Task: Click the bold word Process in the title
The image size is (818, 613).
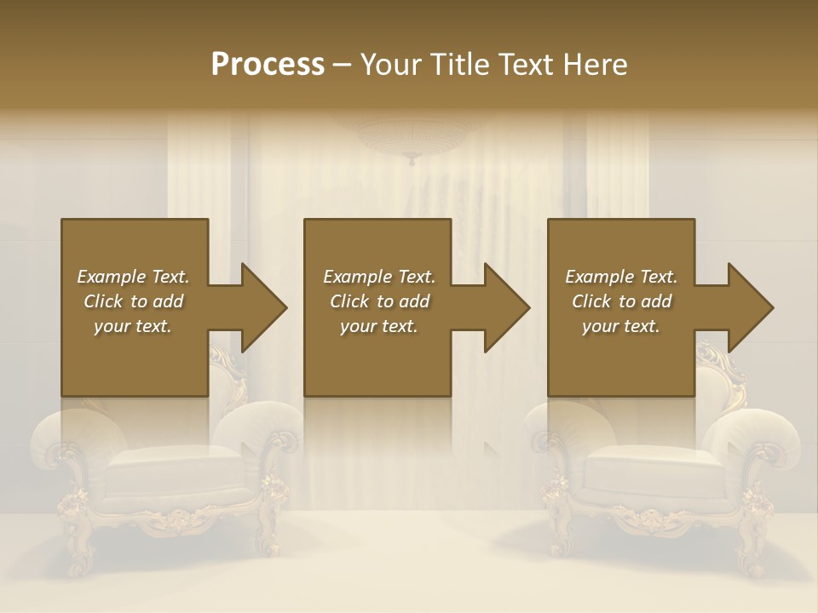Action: [x=268, y=65]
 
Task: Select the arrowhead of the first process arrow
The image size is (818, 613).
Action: [x=264, y=307]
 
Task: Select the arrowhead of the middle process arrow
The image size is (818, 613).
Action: [x=508, y=307]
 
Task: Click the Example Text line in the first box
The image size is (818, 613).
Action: [x=134, y=277]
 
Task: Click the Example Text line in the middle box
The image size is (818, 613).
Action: [x=379, y=277]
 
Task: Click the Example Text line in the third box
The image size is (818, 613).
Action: [x=621, y=277]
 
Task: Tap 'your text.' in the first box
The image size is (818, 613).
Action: [x=133, y=326]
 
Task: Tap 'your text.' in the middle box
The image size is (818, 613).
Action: [x=379, y=326]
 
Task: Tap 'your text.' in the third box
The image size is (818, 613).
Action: [x=621, y=326]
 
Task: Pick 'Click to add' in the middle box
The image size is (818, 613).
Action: [x=379, y=301]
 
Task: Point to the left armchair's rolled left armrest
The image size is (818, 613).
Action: [x=68, y=430]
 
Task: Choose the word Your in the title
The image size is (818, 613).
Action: [x=389, y=65]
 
